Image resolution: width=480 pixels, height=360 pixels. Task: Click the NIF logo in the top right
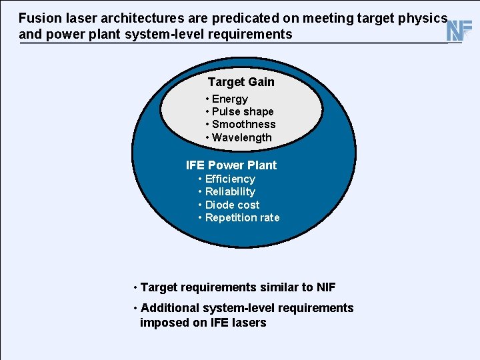(x=459, y=30)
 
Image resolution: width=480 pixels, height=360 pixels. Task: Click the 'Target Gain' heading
(x=241, y=82)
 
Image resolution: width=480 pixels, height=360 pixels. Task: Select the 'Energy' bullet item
(x=229, y=99)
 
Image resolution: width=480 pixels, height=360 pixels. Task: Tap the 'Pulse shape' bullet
(x=242, y=111)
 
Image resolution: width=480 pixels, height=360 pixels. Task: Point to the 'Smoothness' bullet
(x=243, y=124)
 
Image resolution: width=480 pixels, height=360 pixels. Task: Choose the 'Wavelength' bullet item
(x=241, y=137)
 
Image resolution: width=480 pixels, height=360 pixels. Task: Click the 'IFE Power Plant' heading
(x=231, y=165)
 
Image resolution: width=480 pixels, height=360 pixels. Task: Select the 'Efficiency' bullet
(x=230, y=179)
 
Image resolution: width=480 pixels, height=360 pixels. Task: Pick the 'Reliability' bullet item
(x=230, y=191)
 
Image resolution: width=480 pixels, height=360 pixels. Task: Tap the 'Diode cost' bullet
(x=232, y=205)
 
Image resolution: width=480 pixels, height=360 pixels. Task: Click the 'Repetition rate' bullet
(x=242, y=217)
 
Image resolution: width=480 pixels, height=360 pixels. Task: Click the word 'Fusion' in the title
(x=38, y=19)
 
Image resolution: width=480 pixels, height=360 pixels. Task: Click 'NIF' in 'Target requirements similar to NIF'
(x=326, y=287)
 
